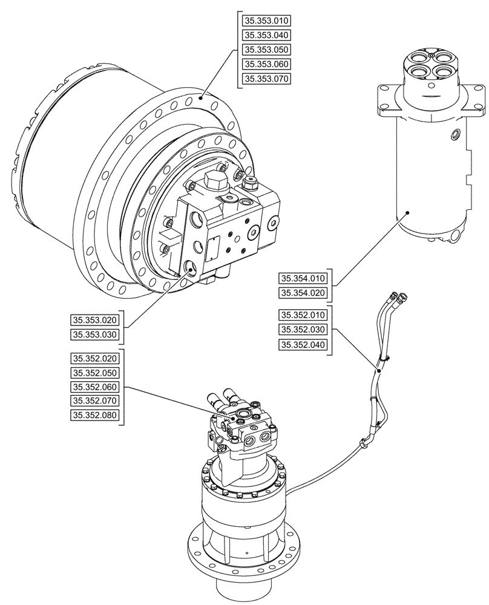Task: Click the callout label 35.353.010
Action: point(267,21)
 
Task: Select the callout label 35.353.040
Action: point(267,35)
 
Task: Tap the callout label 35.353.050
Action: point(267,50)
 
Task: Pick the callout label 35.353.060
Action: point(267,64)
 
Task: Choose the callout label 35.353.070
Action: point(267,79)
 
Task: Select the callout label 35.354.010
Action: point(303,278)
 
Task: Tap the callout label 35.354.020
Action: point(303,293)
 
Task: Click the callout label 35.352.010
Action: point(303,315)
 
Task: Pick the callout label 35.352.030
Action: point(303,330)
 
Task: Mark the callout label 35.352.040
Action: point(303,345)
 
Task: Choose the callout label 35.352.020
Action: point(96,358)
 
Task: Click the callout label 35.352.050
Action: point(96,373)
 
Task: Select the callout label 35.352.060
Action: point(96,387)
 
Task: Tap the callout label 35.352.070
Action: point(96,401)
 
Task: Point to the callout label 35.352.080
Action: point(96,415)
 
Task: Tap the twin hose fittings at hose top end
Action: point(400,296)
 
